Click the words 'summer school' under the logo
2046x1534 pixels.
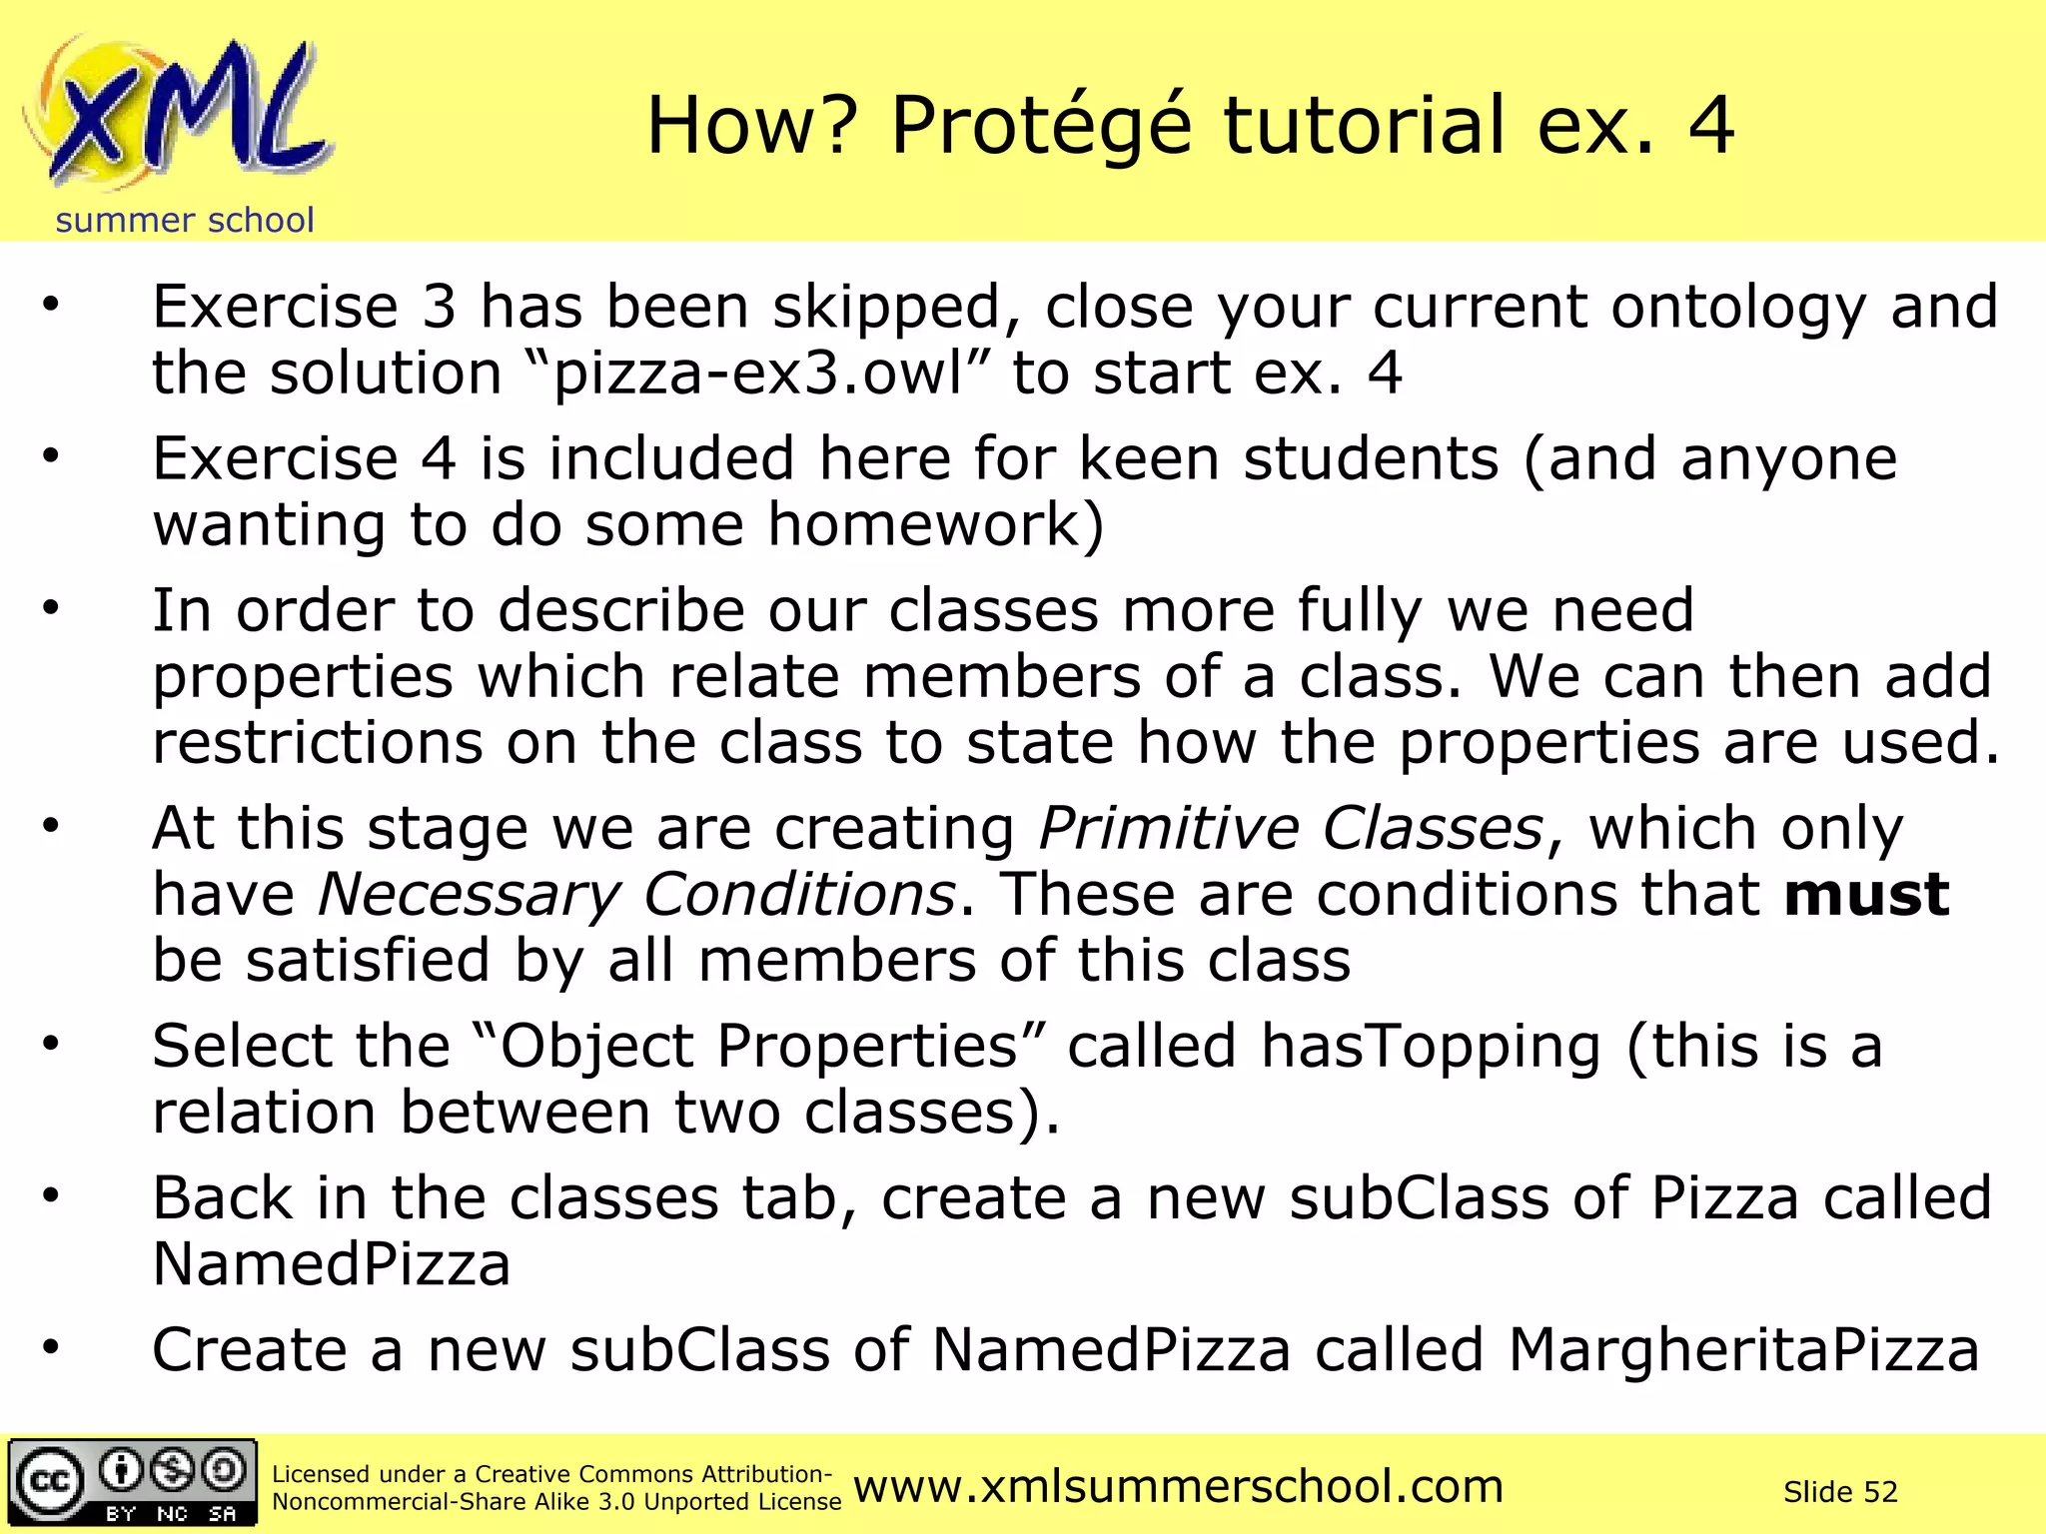(x=185, y=220)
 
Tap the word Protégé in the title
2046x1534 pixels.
(x=1041, y=126)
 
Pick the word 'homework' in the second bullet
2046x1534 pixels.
(x=924, y=524)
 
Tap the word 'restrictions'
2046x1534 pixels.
(x=317, y=743)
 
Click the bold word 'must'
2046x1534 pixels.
(x=1866, y=894)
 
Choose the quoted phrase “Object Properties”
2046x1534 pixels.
(x=757, y=1047)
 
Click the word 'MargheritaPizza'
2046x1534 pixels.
(x=1743, y=1350)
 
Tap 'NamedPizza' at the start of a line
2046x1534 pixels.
(x=332, y=1264)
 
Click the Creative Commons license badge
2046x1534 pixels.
(x=132, y=1482)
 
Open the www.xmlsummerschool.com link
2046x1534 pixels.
(x=1178, y=1486)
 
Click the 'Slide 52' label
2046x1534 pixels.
(x=1840, y=1492)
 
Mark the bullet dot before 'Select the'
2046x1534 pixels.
(x=51, y=1044)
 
